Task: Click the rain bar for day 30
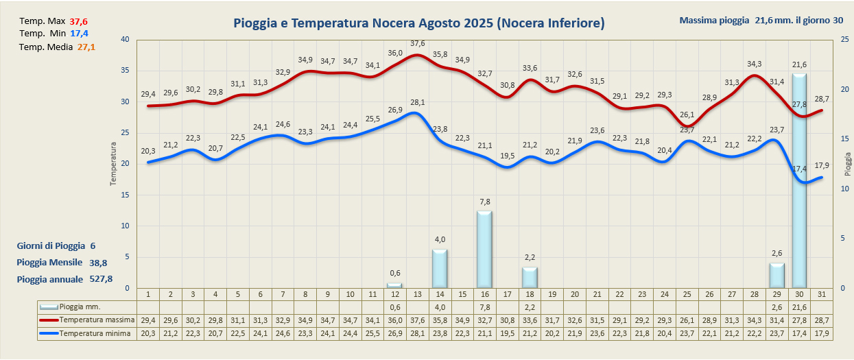[x=799, y=182]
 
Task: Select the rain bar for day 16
[x=484, y=250]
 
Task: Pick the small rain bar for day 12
[x=394, y=285]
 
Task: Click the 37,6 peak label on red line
[x=417, y=44]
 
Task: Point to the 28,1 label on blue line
[x=417, y=103]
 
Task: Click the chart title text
[x=418, y=23]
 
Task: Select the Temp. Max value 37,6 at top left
[x=79, y=21]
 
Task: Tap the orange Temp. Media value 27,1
[x=86, y=47]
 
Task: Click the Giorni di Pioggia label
[x=51, y=245]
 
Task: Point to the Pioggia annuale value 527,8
[x=101, y=279]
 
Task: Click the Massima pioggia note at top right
[x=761, y=20]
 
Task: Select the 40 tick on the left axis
[x=124, y=39]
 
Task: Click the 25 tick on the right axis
[x=844, y=39]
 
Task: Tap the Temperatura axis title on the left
[x=114, y=163]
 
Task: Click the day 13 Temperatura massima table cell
[x=417, y=320]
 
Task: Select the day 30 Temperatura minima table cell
[x=799, y=333]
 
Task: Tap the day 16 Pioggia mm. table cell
[x=484, y=307]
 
